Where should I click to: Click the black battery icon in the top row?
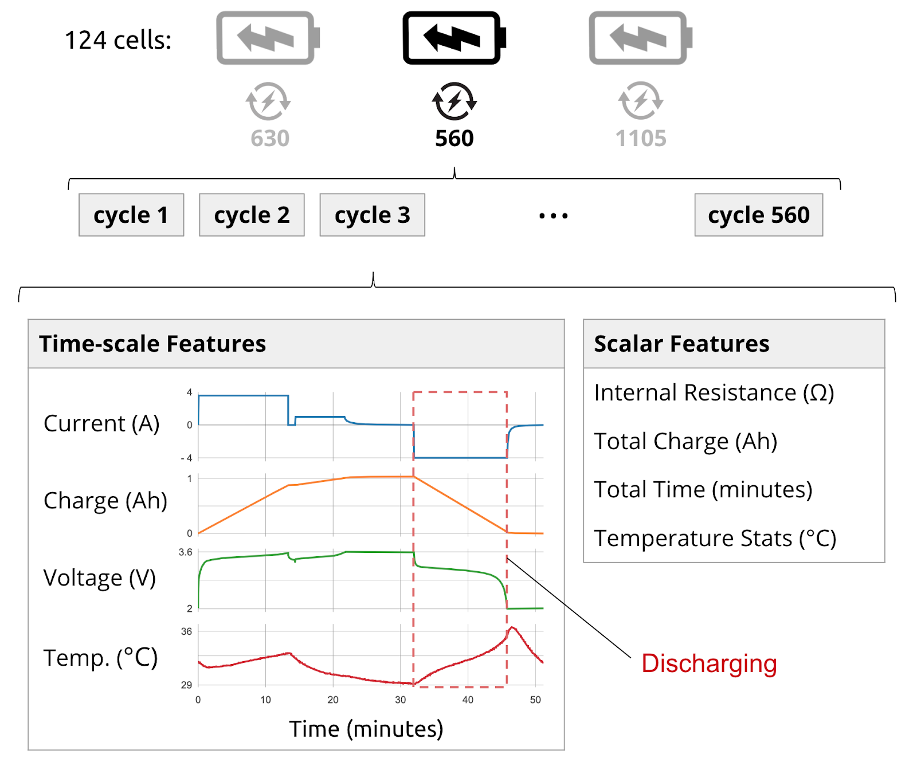point(453,38)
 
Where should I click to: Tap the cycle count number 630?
point(270,139)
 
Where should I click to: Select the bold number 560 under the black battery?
point(454,139)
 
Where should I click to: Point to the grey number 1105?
point(640,139)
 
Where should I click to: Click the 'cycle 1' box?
point(131,215)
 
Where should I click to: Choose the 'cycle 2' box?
point(252,215)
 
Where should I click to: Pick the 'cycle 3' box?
point(372,215)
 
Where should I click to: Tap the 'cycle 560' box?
point(758,215)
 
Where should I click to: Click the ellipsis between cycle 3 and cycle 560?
point(553,216)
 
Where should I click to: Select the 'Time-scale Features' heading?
point(152,344)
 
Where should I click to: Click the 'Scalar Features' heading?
point(681,344)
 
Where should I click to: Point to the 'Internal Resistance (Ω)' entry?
point(714,393)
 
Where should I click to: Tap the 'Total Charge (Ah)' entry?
point(685,441)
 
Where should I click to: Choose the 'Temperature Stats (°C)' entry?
point(715,539)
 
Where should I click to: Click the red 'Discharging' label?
point(709,663)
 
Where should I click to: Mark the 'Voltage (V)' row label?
point(100,578)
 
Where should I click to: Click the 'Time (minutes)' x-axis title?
point(366,729)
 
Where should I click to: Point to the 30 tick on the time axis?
point(400,700)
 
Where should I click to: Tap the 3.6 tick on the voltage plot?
point(186,552)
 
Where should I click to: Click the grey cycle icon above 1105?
point(640,101)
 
